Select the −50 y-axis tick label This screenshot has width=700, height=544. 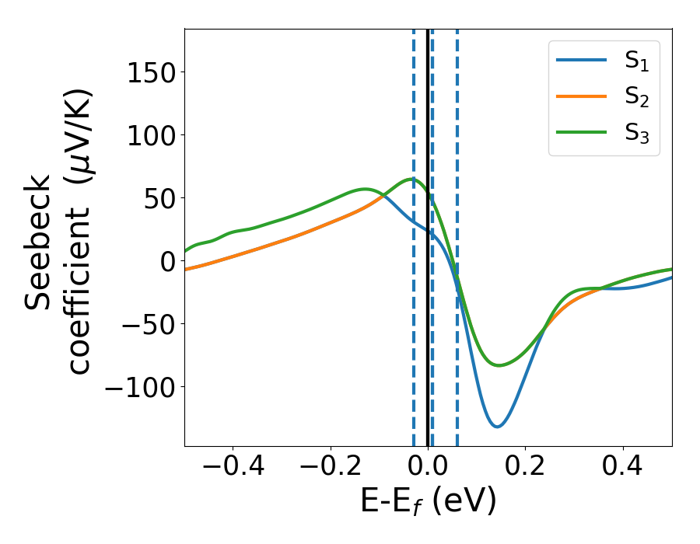(x=142, y=324)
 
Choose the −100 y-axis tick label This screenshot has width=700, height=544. (x=133, y=387)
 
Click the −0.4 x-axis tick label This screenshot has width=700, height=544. (x=233, y=468)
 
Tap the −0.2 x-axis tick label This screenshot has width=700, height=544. (x=331, y=468)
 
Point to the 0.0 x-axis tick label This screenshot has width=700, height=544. (x=428, y=468)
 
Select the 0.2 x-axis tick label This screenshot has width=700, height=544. (x=526, y=468)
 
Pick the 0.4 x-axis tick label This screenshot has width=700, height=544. (x=623, y=468)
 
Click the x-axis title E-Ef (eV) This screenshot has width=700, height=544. (x=428, y=502)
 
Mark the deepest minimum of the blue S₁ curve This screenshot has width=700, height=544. (x=497, y=427)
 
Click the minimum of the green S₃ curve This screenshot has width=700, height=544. (x=499, y=365)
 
